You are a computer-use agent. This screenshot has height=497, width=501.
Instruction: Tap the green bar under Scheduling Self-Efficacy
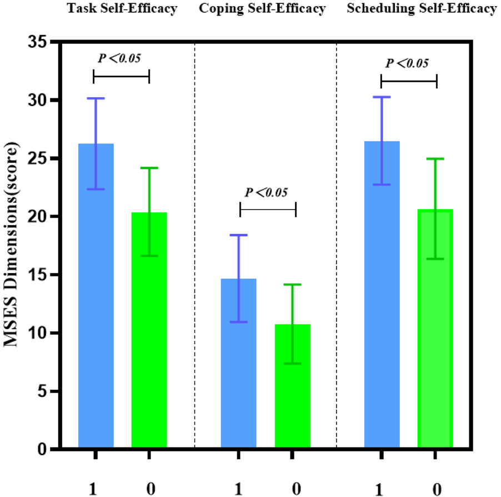point(435,334)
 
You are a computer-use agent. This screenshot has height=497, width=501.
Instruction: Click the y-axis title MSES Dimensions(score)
point(12,245)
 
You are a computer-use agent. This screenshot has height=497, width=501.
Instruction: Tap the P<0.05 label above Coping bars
point(267,192)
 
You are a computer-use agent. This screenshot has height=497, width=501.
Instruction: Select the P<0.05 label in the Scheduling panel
point(408,63)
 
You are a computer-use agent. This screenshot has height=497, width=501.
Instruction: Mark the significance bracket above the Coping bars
point(268,210)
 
